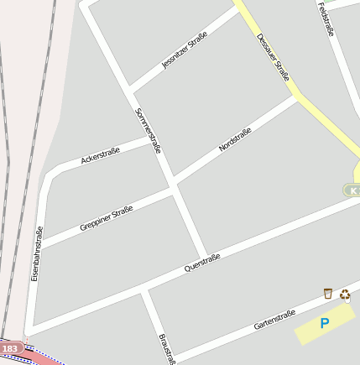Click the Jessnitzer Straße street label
tap(185, 50)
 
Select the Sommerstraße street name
tap(148, 130)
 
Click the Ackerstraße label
tap(100, 155)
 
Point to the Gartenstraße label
tap(274, 320)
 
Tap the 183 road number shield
tap(10, 348)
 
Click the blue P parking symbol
tap(325, 323)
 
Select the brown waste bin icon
tap(328, 293)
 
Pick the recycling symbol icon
tap(345, 295)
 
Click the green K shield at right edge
tap(353, 190)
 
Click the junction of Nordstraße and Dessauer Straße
tap(296, 96)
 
